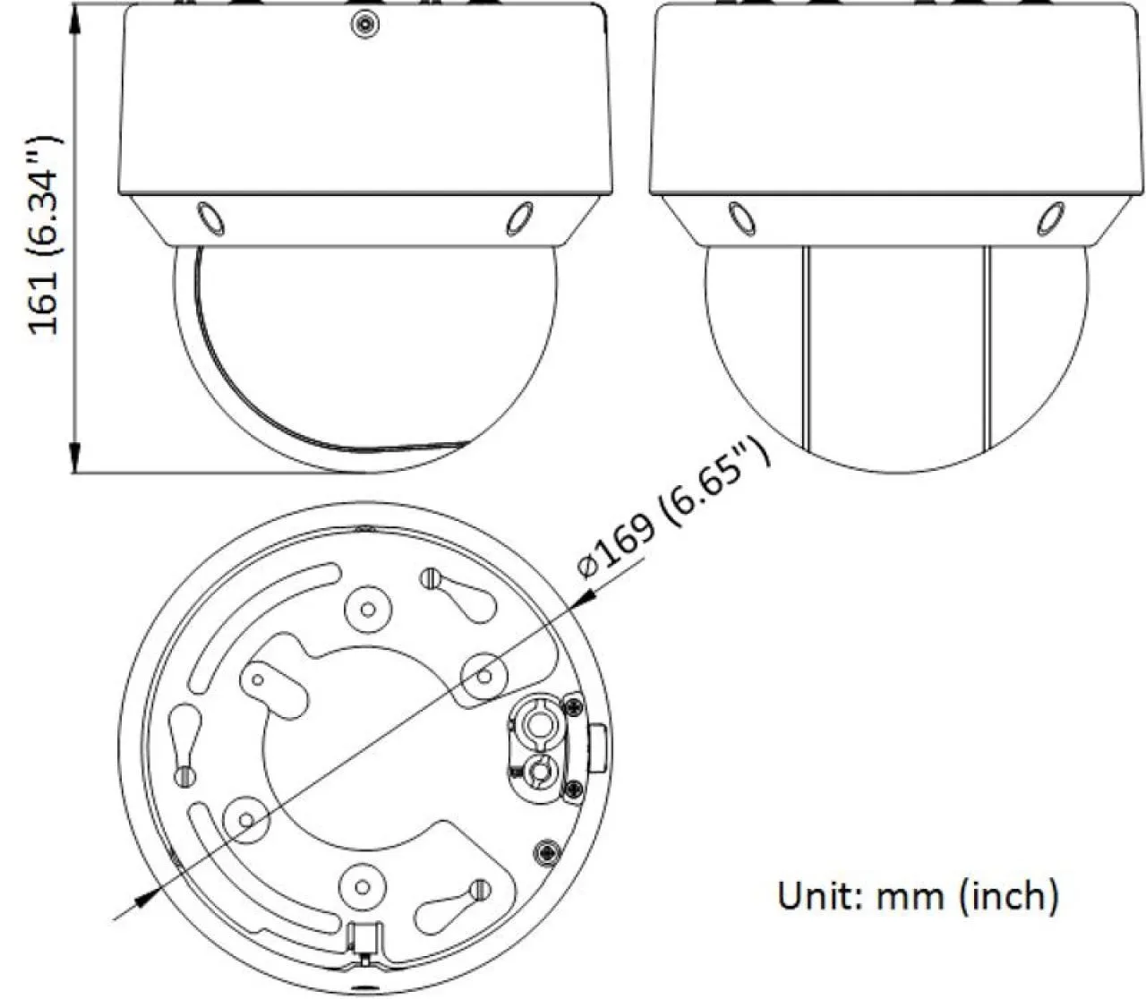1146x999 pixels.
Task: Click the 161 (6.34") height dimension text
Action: click(x=44, y=235)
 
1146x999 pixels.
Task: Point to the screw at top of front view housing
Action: click(x=365, y=24)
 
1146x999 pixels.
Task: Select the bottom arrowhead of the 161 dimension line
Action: click(x=75, y=457)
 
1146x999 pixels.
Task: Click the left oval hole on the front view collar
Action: click(x=210, y=218)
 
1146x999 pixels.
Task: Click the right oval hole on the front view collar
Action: click(x=519, y=218)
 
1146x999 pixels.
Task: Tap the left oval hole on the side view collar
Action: click(x=741, y=218)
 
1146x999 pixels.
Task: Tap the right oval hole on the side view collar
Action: click(x=1050, y=218)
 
